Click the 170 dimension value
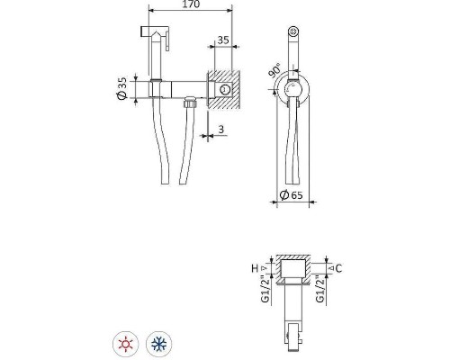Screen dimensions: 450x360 [191, 4]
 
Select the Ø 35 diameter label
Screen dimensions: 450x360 [122, 88]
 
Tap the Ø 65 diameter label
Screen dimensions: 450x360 [291, 195]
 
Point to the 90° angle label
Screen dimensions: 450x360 [274, 70]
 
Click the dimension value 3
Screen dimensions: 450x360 [221, 130]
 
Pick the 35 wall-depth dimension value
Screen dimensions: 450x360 [223, 40]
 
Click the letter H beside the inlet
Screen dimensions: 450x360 [255, 268]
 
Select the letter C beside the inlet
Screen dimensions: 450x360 [338, 268]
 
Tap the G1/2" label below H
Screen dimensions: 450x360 [265, 289]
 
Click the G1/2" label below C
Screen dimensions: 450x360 [320, 289]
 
